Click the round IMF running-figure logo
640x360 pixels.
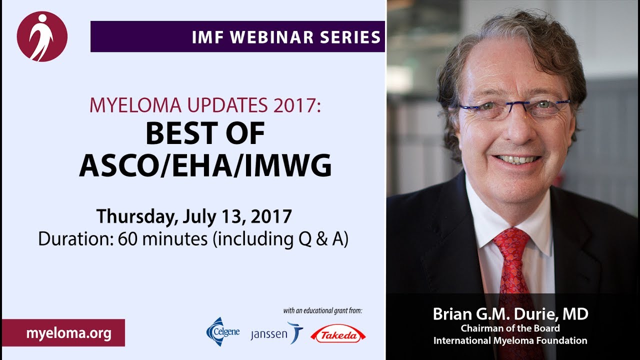42,36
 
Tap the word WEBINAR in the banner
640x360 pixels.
271,37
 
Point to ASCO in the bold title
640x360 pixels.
119,165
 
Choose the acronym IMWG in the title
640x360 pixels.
288,165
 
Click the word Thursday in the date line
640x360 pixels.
135,216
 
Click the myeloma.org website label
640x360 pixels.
68,333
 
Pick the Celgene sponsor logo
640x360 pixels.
222,331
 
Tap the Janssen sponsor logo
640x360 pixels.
276,333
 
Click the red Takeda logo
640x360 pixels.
338,333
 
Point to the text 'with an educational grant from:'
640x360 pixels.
323,310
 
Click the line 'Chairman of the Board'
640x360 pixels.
510,328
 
